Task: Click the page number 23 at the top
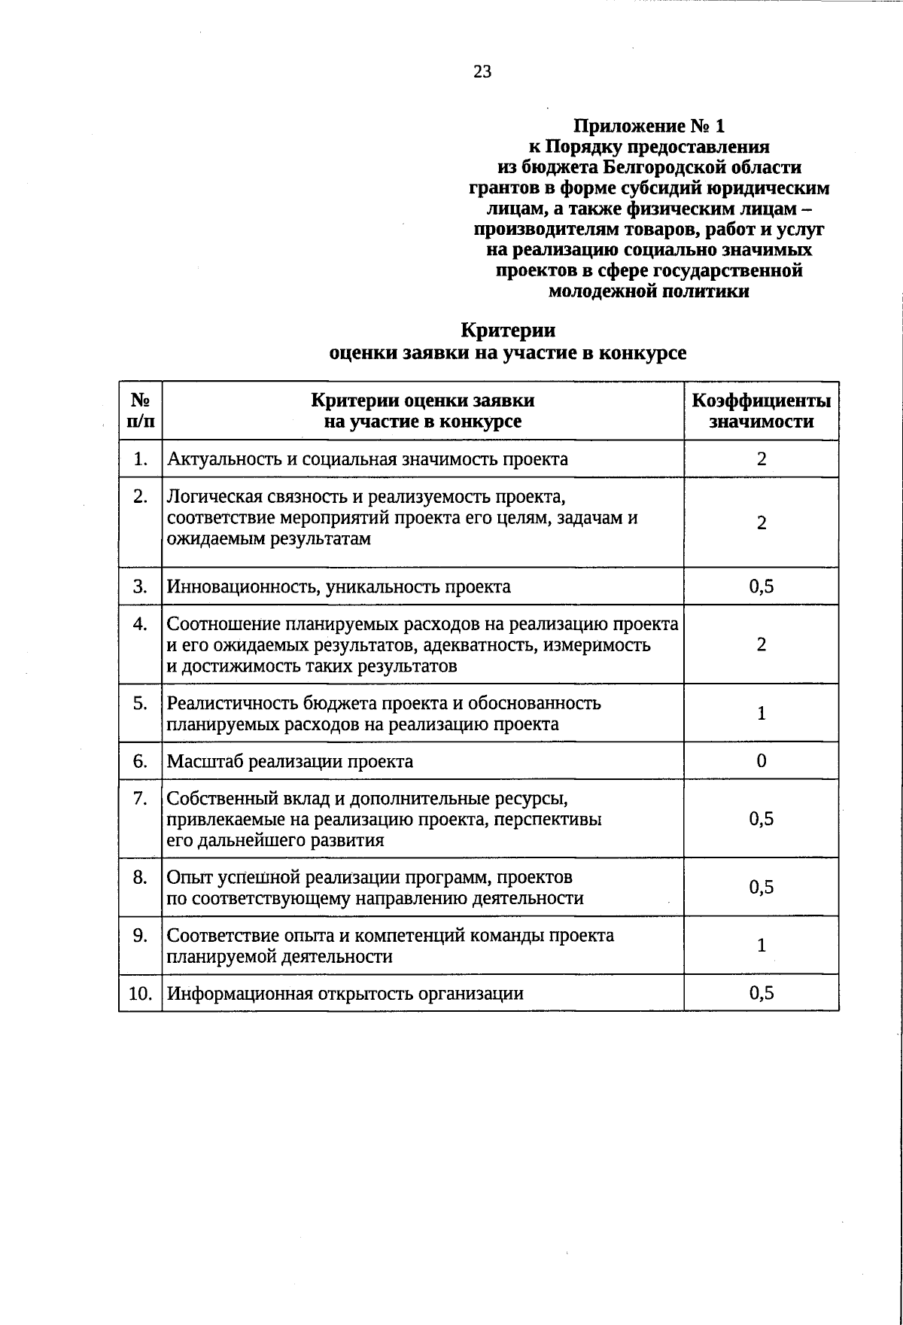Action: (482, 72)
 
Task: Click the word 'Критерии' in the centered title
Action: (508, 330)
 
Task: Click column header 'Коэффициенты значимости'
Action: (761, 411)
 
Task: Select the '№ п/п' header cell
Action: (141, 411)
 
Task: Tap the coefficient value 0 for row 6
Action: (762, 761)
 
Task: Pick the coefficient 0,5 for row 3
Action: (762, 586)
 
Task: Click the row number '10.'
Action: (140, 993)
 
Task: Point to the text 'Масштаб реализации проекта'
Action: (290, 761)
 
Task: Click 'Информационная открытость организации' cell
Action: (345, 993)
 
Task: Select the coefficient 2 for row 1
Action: (762, 459)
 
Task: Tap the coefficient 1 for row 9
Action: (762, 946)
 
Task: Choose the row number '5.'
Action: (140, 703)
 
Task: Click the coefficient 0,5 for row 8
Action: (762, 888)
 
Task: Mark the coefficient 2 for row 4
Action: (762, 644)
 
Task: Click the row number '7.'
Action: (140, 798)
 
